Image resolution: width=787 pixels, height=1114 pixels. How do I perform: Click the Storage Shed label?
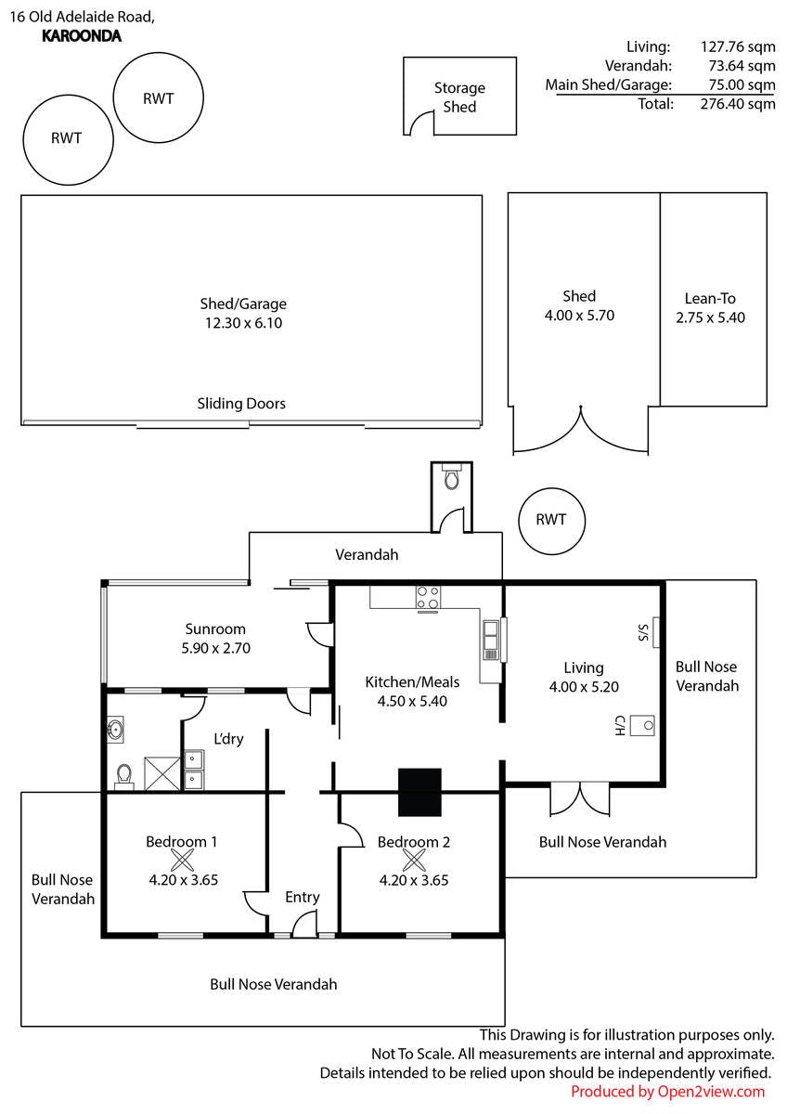pyautogui.click(x=459, y=97)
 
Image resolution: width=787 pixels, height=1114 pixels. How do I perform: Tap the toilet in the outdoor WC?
pyautogui.click(x=452, y=479)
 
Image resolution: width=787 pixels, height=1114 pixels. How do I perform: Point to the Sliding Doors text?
pyautogui.click(x=241, y=404)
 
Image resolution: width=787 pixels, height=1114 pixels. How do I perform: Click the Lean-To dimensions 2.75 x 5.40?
pyautogui.click(x=711, y=317)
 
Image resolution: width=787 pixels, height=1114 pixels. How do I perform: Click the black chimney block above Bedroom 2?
pyautogui.click(x=420, y=792)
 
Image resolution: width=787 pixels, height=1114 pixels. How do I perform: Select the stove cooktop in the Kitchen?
pyautogui.click(x=428, y=598)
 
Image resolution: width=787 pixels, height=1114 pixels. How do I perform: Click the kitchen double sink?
pyautogui.click(x=490, y=639)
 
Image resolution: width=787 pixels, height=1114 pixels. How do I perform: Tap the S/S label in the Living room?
pyautogui.click(x=641, y=633)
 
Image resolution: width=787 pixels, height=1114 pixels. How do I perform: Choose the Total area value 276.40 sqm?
pyautogui.click(x=738, y=104)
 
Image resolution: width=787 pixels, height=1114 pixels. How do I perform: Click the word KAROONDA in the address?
pyautogui.click(x=82, y=36)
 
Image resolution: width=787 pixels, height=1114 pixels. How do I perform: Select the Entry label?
pyautogui.click(x=303, y=897)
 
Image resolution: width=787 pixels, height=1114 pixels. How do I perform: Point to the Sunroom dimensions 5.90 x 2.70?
pyautogui.click(x=216, y=648)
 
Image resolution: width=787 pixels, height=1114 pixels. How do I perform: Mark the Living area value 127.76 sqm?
pyautogui.click(x=738, y=46)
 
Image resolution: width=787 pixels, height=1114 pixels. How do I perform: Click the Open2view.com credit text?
pyautogui.click(x=668, y=1092)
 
